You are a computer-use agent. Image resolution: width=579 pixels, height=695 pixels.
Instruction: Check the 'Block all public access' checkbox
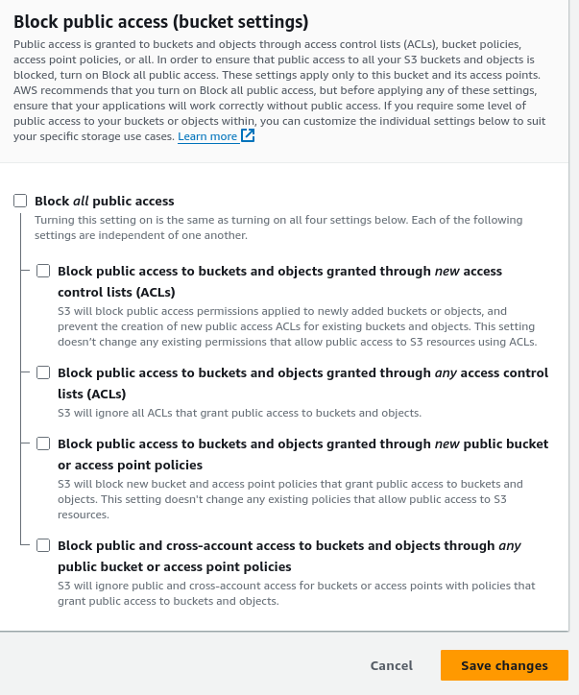coord(20,201)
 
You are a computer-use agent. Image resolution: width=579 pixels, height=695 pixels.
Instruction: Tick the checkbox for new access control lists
coord(43,271)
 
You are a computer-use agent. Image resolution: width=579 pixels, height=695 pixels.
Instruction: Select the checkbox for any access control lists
coord(43,371)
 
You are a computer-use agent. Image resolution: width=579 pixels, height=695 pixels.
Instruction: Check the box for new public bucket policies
coord(43,443)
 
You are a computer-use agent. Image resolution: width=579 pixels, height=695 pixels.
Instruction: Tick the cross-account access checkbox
coord(43,545)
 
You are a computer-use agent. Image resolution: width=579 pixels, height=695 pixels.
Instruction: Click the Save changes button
coord(504,665)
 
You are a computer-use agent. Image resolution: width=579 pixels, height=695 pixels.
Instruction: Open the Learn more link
coord(207,136)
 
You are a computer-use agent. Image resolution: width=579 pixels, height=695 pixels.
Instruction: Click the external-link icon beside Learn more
coord(248,135)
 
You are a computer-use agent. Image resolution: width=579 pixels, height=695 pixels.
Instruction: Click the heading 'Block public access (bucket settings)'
coord(160,20)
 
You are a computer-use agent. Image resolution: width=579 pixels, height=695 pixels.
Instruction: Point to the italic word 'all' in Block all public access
coord(82,201)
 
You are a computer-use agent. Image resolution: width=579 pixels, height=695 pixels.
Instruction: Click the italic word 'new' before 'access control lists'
coord(447,271)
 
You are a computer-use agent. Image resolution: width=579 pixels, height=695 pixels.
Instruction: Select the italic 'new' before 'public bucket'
coord(447,443)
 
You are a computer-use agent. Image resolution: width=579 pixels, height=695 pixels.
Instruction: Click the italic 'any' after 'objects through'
coord(510,545)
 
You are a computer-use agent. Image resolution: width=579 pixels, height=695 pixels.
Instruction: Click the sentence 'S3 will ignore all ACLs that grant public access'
coord(238,413)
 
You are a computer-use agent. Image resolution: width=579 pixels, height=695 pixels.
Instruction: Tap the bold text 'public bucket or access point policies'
coord(174,566)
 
